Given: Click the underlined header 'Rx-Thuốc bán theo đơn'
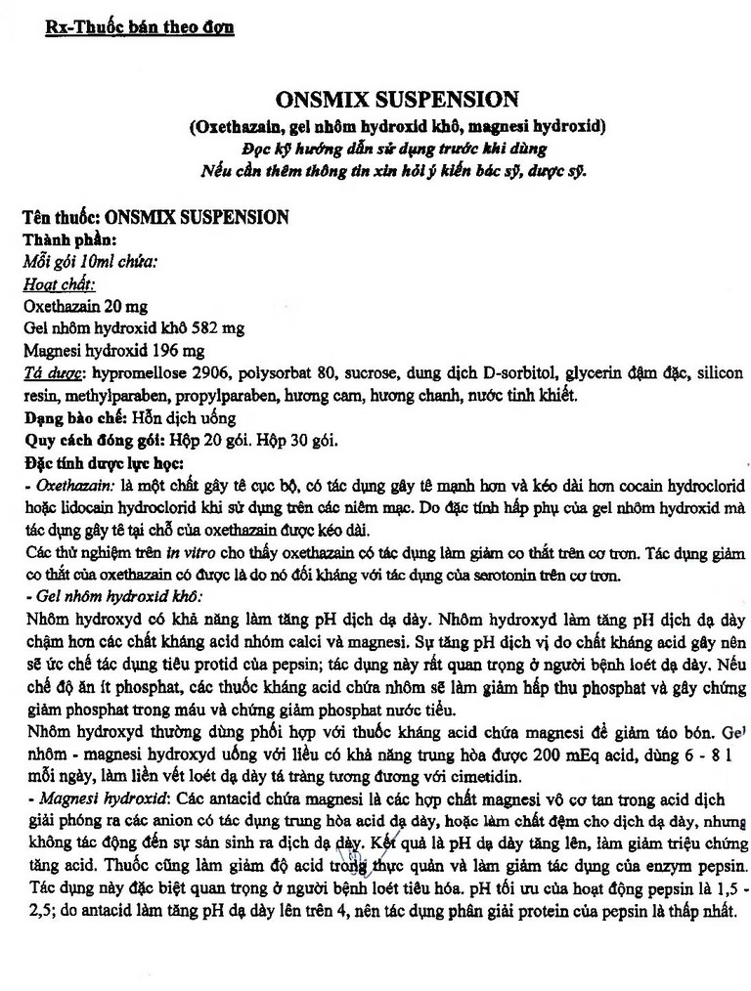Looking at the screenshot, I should pyautogui.click(x=140, y=27).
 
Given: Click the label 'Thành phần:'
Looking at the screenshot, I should pyautogui.click(x=70, y=239).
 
